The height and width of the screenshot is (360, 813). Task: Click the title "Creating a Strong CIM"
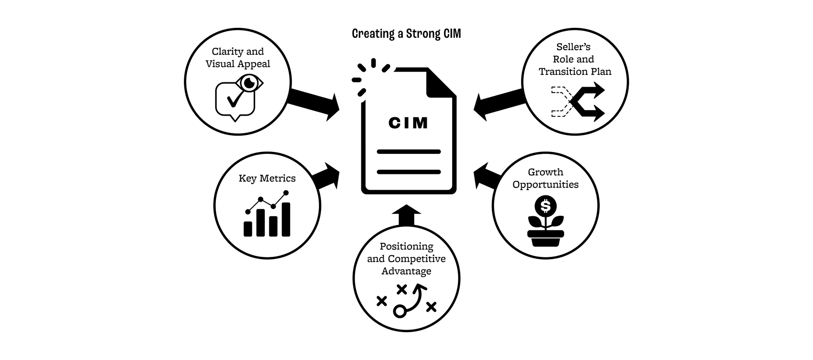pyautogui.click(x=406, y=34)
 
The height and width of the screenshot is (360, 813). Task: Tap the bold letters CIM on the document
pyautogui.click(x=408, y=123)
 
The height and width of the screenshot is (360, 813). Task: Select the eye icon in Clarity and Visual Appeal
pyautogui.click(x=249, y=83)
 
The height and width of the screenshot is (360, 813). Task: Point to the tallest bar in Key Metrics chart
pyautogui.click(x=286, y=219)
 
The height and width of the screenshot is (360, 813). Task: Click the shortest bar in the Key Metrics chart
pyautogui.click(x=248, y=229)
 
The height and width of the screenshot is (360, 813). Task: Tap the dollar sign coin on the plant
pyautogui.click(x=545, y=206)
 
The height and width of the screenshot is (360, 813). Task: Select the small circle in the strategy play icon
pyautogui.click(x=400, y=311)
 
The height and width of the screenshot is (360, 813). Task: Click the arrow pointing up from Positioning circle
pyautogui.click(x=406, y=215)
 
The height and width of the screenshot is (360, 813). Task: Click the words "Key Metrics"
pyautogui.click(x=267, y=178)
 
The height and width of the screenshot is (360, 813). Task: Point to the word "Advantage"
pyautogui.click(x=406, y=271)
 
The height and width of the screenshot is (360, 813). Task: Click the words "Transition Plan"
pyautogui.click(x=575, y=72)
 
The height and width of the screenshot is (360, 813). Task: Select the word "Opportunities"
pyautogui.click(x=545, y=184)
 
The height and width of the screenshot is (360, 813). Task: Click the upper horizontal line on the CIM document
pyautogui.click(x=409, y=152)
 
